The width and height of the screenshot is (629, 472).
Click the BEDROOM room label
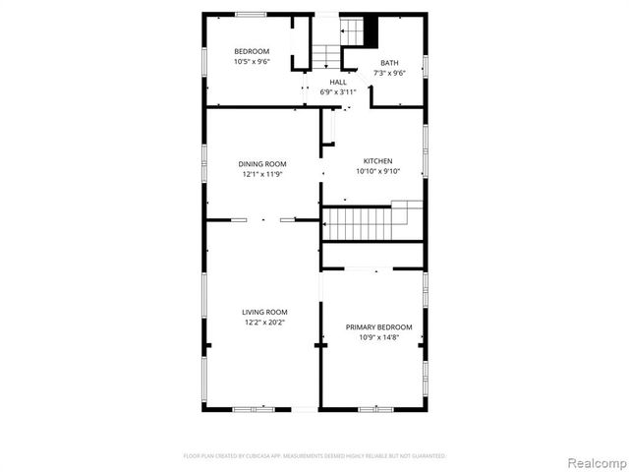(251, 51)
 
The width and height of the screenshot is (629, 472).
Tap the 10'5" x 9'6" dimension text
(251, 61)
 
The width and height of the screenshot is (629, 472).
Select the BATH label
(390, 62)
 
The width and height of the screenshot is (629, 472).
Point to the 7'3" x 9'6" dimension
(390, 72)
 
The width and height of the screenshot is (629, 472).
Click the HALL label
(337, 82)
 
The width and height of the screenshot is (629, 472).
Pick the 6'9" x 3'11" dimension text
(337, 91)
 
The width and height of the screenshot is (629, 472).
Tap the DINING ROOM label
(262, 163)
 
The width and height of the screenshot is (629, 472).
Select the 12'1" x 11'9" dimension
(262, 173)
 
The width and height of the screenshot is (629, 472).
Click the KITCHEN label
(377, 160)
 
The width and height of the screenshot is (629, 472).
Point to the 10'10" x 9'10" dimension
(377, 170)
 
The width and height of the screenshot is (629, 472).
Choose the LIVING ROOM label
(262, 312)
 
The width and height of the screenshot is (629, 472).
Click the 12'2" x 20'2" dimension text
(262, 322)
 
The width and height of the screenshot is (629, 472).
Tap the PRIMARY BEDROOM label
(378, 326)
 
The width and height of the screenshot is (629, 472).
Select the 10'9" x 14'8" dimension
(378, 336)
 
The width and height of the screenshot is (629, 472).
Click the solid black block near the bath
(371, 30)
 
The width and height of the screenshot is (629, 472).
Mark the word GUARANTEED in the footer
(425, 456)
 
